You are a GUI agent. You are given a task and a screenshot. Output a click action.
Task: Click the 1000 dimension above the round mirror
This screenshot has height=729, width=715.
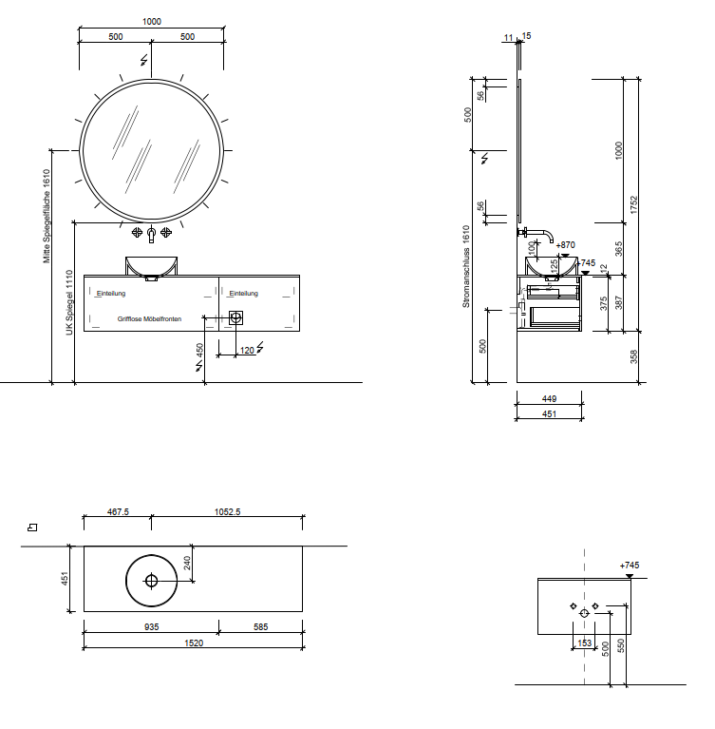point(152,22)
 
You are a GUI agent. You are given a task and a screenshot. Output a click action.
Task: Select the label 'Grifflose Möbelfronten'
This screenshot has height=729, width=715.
point(149,319)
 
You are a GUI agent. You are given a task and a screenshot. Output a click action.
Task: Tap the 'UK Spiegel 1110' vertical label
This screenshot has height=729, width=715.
point(69,302)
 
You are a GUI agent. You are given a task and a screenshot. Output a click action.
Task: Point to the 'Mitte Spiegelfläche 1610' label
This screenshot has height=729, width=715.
point(47,216)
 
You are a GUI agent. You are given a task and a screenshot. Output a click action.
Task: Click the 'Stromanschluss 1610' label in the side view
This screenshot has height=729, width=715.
point(466,266)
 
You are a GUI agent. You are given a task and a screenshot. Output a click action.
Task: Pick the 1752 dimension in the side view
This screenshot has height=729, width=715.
point(633,205)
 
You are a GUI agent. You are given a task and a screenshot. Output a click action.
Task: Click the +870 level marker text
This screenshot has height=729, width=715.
point(565,245)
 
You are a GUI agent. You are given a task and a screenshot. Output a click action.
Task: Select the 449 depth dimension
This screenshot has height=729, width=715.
point(549,399)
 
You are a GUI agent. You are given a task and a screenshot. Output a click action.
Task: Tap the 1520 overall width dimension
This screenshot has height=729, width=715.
point(194,643)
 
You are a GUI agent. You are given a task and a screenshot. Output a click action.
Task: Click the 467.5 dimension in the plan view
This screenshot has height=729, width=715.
point(118,512)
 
